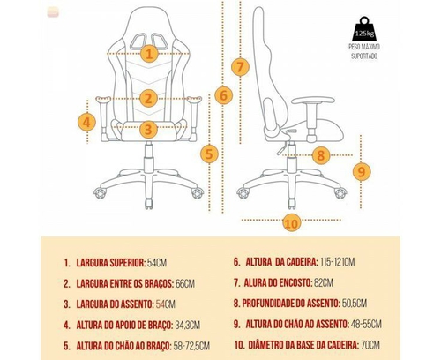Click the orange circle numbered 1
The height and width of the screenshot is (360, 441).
coord(149,54)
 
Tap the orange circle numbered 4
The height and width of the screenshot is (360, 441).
coord(86,122)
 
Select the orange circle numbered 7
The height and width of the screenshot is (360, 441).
coord(240,67)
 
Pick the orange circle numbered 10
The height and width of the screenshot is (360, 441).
coord(292,222)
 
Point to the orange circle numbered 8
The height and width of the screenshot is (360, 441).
coord(321,155)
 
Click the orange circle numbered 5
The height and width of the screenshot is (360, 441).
coord(209,154)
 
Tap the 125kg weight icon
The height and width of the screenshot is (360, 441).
coord(364,29)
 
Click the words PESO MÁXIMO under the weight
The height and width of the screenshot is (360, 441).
coord(364,47)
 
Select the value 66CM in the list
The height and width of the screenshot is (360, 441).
coord(185,283)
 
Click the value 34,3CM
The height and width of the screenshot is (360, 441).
coord(188,325)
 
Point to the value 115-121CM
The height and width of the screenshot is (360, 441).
coord(337,261)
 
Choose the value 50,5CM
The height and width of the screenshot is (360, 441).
coord(355,304)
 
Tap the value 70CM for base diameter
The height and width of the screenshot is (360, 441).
coord(370,345)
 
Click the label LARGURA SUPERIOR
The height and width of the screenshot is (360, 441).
coord(110,263)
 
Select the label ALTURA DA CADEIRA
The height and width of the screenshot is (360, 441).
coord(281,261)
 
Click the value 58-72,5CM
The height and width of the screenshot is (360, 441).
coord(191,346)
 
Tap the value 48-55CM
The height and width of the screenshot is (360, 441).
coord(366,324)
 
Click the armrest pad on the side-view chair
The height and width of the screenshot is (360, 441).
coord(313,101)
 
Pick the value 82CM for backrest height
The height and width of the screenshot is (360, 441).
coord(324,282)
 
